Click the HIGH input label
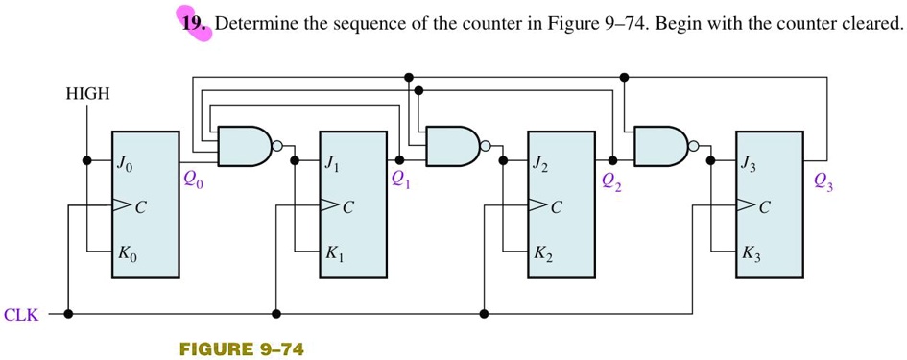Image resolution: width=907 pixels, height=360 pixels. click(87, 94)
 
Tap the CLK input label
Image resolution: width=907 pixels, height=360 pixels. click(21, 314)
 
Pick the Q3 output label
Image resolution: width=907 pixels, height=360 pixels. click(823, 180)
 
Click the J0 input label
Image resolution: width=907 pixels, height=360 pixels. click(126, 164)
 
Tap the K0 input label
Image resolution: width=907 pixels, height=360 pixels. click(128, 254)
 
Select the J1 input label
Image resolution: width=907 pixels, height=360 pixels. click(332, 164)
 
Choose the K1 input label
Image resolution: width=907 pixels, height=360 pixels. click(334, 254)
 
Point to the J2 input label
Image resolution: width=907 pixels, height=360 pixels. click(542, 164)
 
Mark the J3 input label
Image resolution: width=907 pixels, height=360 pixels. click(750, 164)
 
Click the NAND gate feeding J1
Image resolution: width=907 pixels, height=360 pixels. click(246, 146)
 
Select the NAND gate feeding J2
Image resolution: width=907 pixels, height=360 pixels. click(454, 146)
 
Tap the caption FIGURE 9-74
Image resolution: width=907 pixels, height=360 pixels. click(241, 348)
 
